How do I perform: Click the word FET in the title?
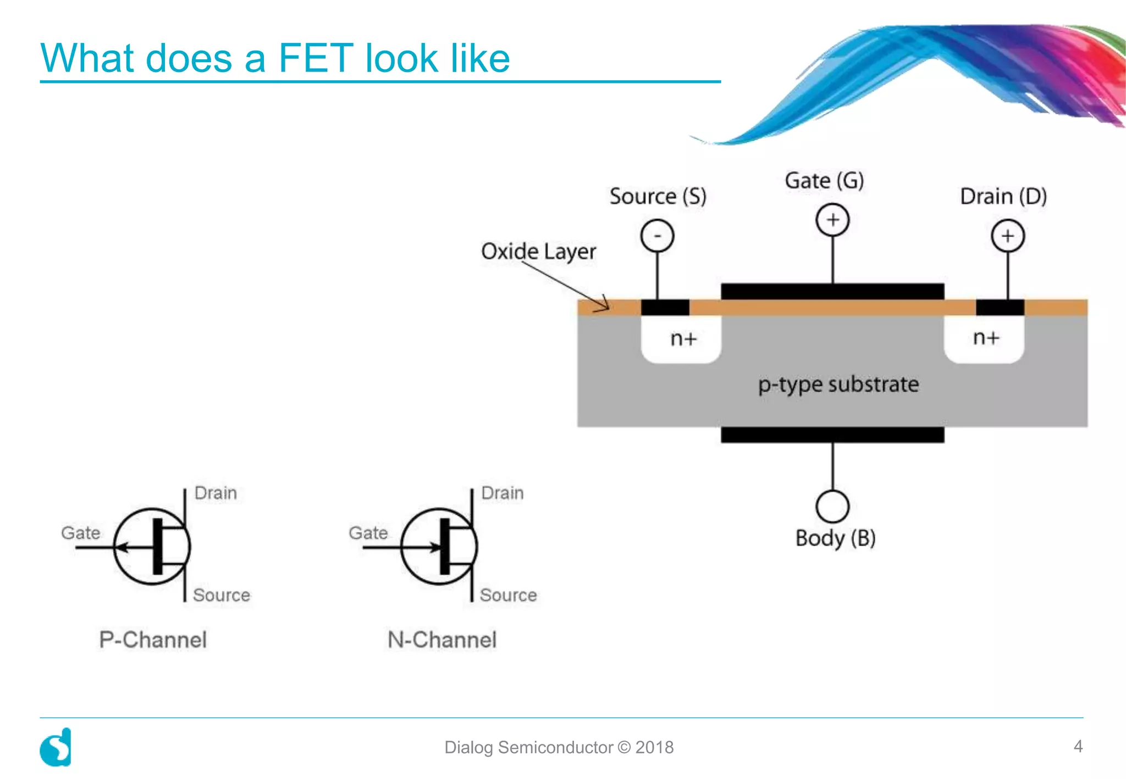tap(316, 58)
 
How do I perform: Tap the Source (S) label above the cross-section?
tap(658, 196)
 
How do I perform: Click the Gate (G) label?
tap(824, 180)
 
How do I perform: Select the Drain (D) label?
tap(1003, 196)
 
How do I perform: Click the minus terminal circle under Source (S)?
tap(657, 236)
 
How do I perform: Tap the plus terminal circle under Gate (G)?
tap(832, 220)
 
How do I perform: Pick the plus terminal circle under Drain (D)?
tap(1007, 236)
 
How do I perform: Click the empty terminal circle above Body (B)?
tap(832, 506)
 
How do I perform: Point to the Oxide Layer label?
tap(538, 252)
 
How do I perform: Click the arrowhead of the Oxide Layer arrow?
tap(605, 305)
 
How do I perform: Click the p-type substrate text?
tap(838, 384)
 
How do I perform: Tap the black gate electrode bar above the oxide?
tap(832, 291)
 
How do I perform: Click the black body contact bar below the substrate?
tap(832, 435)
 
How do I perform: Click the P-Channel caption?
tap(153, 639)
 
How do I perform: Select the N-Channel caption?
tap(441, 639)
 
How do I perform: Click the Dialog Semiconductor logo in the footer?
tap(56, 747)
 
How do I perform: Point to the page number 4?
tap(1078, 746)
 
